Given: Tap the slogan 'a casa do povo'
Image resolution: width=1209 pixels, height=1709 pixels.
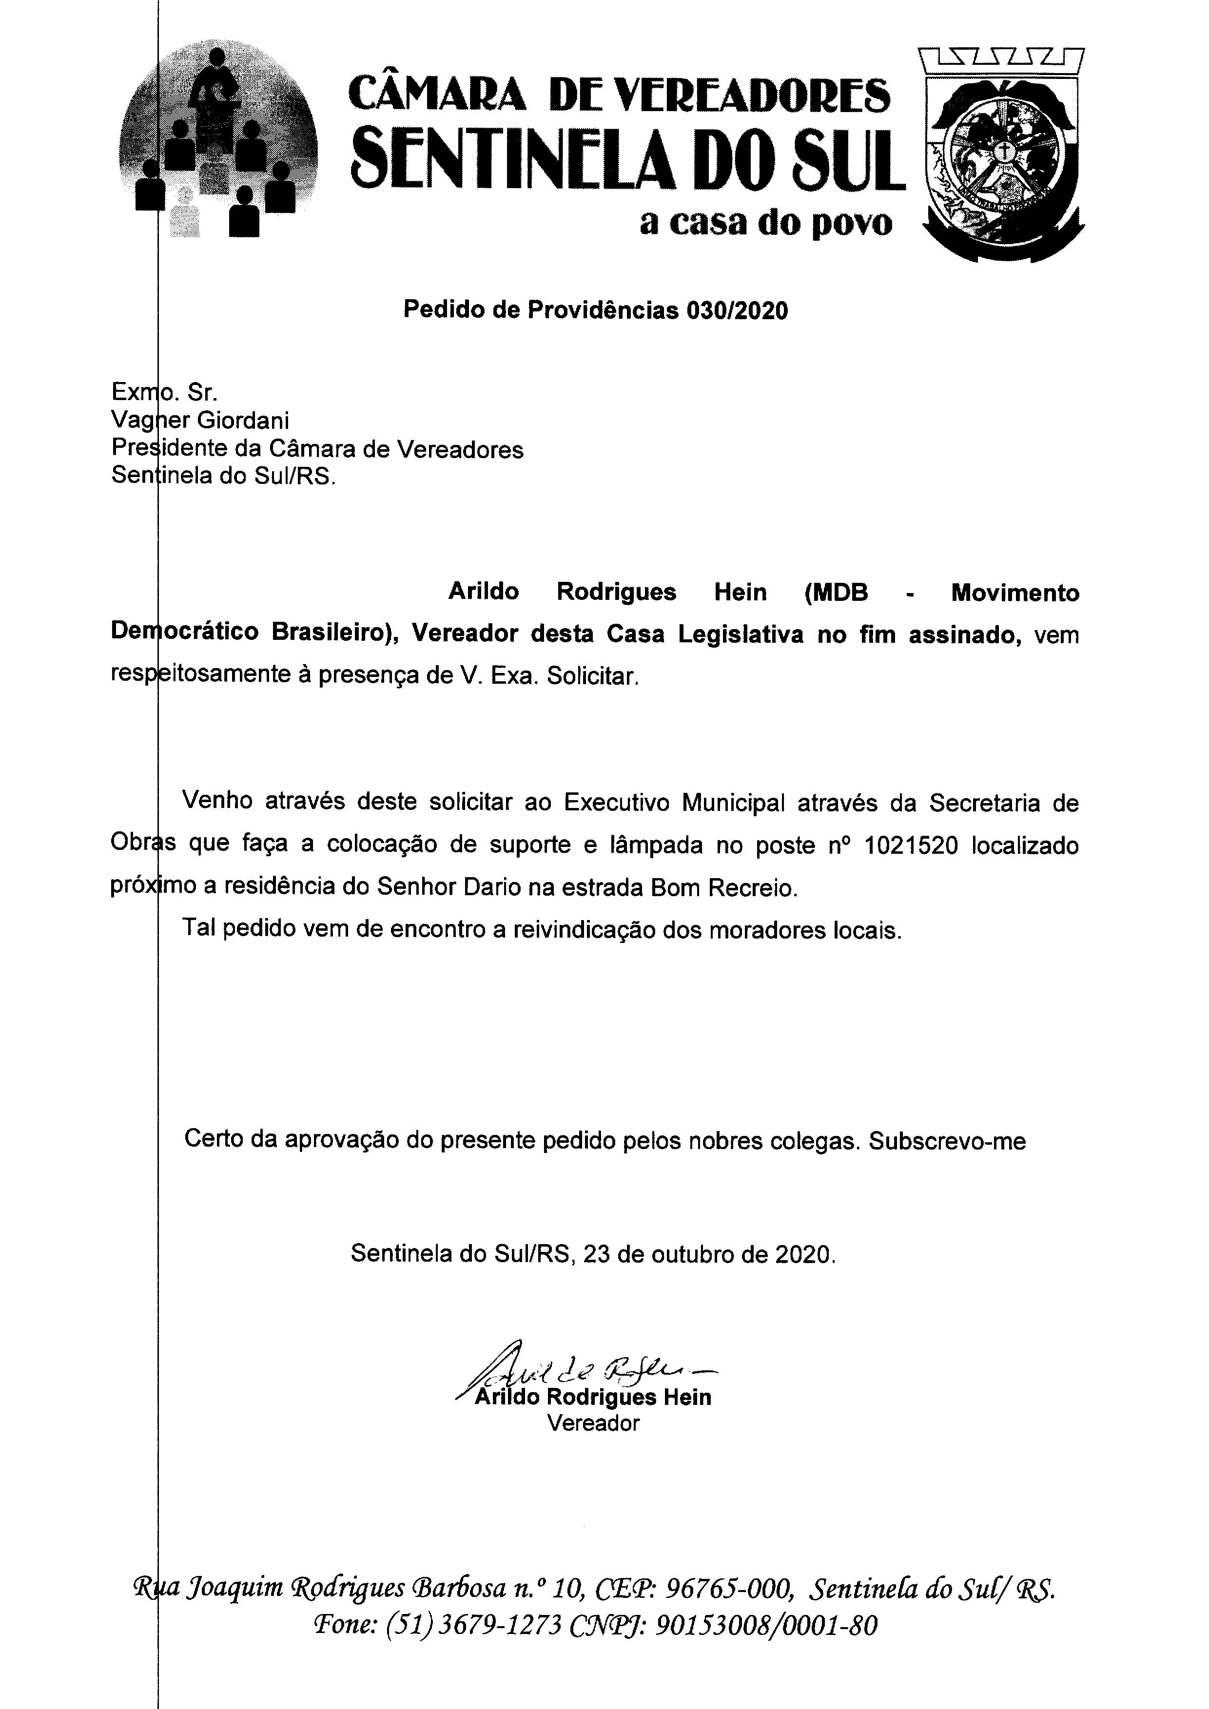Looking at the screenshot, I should (x=765, y=223).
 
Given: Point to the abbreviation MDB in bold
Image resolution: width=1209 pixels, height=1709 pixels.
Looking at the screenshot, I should (x=836, y=593).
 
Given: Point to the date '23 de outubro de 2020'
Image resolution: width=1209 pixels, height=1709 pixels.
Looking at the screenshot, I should (x=709, y=1254).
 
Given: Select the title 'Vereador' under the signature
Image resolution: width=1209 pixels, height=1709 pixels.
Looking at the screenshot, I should (x=593, y=1423).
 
